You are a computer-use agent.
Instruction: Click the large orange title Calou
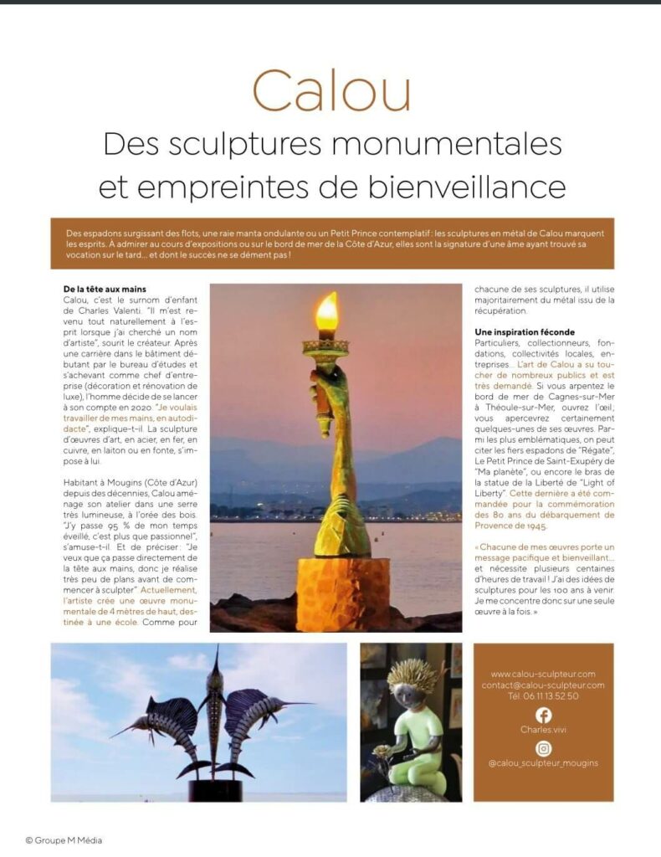point(331,90)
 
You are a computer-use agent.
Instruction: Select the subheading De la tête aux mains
point(105,290)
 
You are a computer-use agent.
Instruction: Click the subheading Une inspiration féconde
point(524,332)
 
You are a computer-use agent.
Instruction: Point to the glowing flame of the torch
point(327,313)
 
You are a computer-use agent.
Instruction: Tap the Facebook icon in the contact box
point(544,715)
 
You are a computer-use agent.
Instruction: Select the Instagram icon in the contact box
point(544,748)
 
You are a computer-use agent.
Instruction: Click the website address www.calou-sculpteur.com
point(543,674)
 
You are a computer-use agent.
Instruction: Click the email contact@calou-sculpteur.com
point(543,685)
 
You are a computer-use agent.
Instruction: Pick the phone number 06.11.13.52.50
point(543,695)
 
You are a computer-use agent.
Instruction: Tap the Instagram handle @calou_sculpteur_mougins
point(543,762)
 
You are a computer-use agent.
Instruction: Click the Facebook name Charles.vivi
point(543,729)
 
